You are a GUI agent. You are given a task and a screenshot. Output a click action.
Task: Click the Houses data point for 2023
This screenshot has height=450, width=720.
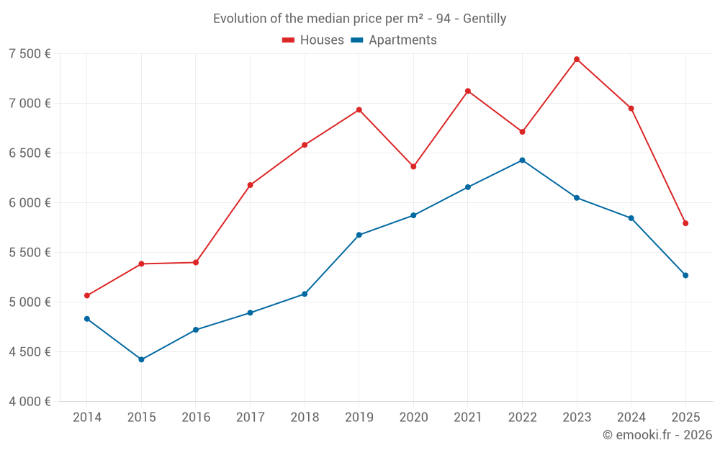click(x=577, y=59)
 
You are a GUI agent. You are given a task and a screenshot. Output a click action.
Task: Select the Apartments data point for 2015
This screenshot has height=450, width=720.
click(x=141, y=359)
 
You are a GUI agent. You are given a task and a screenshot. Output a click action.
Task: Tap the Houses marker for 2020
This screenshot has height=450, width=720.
click(x=413, y=166)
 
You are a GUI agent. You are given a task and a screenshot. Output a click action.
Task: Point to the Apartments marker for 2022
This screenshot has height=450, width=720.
click(x=522, y=160)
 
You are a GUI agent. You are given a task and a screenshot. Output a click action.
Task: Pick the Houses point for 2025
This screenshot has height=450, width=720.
click(x=685, y=223)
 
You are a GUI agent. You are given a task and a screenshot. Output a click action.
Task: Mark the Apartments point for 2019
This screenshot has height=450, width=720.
click(x=359, y=235)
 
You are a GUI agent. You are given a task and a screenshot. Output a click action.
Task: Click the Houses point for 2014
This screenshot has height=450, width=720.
click(x=87, y=295)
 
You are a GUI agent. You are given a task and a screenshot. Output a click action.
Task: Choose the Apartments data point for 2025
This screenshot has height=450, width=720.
click(x=685, y=275)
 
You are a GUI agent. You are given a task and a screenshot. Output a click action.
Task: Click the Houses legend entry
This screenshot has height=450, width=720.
click(x=313, y=40)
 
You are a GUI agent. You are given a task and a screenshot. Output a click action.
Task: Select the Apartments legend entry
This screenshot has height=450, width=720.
click(x=394, y=40)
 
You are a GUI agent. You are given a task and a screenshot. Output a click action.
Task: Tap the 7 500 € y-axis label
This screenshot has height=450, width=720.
click(x=30, y=54)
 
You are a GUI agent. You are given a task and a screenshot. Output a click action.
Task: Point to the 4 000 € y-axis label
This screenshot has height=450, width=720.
click(x=30, y=402)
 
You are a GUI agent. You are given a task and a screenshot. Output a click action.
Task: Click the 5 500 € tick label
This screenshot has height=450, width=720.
click(x=30, y=253)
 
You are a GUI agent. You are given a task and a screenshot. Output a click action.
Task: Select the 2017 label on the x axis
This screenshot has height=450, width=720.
click(x=250, y=418)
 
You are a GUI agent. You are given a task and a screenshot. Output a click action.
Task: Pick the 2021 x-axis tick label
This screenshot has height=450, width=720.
click(x=468, y=418)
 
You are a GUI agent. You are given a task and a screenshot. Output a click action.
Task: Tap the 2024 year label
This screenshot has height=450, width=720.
click(x=631, y=418)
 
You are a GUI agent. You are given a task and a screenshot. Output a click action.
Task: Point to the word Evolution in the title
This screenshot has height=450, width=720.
click(x=238, y=19)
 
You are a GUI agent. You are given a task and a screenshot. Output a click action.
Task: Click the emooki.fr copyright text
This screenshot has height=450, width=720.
click(x=657, y=435)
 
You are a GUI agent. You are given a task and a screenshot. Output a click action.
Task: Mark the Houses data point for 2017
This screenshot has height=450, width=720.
click(x=250, y=185)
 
